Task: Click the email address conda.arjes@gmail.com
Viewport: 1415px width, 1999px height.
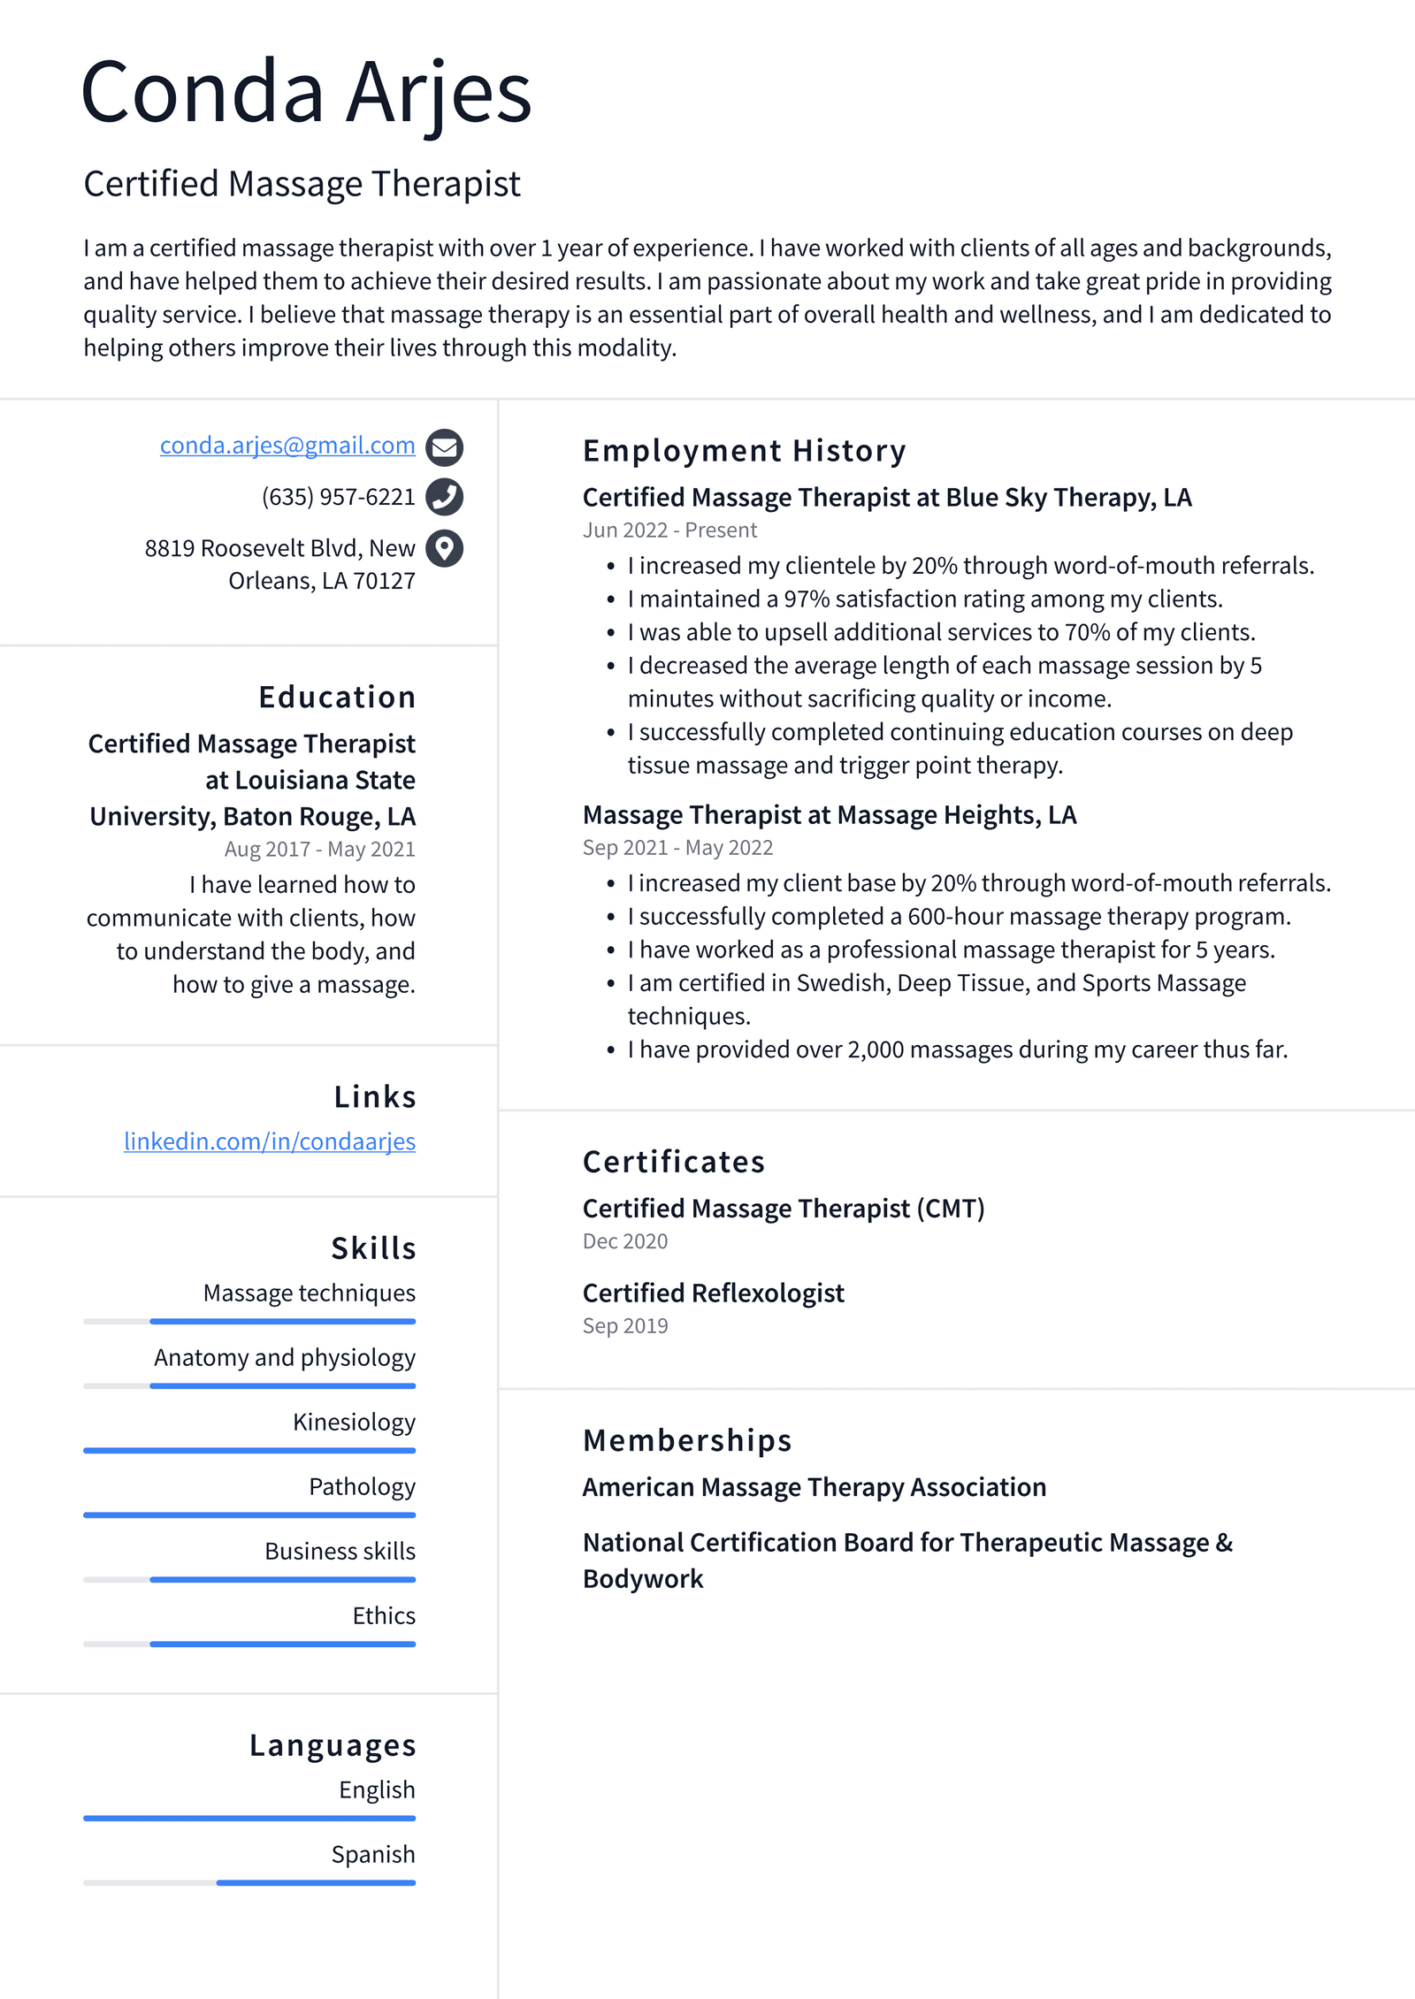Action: pos(287,446)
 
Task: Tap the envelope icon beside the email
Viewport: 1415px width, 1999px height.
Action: pos(444,447)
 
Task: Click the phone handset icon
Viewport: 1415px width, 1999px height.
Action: pos(444,497)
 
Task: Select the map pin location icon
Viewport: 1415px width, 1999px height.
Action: pos(444,548)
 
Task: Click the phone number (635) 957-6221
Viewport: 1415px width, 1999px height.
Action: pos(338,497)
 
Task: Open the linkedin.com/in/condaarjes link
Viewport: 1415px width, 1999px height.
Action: pos(270,1141)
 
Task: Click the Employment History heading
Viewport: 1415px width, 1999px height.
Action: pos(744,451)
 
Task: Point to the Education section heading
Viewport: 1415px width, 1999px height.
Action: pos(337,697)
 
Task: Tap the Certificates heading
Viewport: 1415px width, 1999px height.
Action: pos(673,1162)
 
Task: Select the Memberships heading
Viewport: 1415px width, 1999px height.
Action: pos(686,1440)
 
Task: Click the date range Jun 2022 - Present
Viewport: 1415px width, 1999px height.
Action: pos(669,530)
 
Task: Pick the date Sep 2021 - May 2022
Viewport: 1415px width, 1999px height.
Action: pos(677,848)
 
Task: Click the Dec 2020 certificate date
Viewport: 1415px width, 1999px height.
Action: pos(625,1241)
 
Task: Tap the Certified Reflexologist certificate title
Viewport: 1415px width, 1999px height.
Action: pos(713,1293)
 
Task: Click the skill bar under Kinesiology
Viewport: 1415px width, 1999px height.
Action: pos(249,1450)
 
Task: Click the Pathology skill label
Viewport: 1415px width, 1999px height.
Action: pos(362,1487)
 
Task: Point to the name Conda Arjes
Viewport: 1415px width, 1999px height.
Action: pos(306,93)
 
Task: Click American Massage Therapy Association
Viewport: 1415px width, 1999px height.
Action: pos(814,1487)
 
